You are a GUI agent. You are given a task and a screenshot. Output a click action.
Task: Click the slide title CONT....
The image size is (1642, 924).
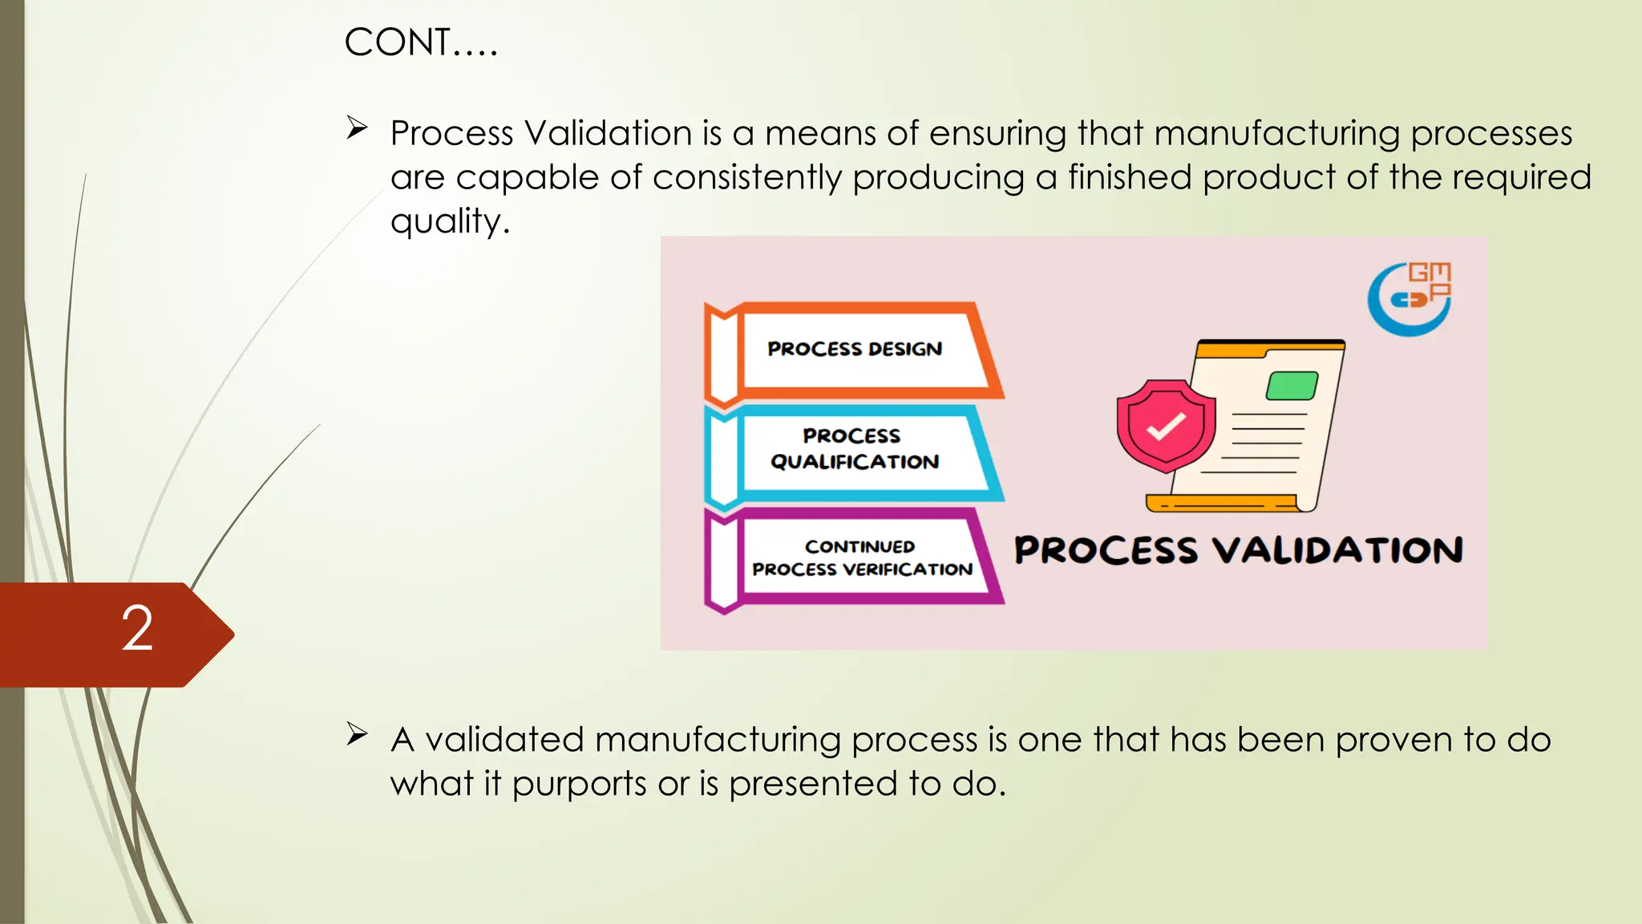click(420, 43)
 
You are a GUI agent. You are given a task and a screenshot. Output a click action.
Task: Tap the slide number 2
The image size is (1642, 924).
click(137, 629)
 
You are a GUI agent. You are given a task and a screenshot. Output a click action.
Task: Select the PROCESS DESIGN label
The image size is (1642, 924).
click(855, 349)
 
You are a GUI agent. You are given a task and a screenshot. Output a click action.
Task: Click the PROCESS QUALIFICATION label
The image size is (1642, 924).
click(854, 448)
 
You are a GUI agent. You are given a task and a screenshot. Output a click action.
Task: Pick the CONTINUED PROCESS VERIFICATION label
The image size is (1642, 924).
click(861, 557)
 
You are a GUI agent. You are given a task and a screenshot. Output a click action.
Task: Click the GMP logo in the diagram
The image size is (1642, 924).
click(1410, 298)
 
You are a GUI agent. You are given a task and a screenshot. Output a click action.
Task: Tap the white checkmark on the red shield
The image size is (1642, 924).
click(1166, 426)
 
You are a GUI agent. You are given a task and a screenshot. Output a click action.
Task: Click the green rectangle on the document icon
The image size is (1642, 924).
click(1292, 386)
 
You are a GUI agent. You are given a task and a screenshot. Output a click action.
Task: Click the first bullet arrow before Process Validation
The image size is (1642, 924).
click(357, 128)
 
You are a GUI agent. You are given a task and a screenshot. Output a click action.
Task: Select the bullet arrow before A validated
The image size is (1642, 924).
click(357, 734)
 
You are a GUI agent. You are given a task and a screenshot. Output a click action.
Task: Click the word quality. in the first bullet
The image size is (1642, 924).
click(450, 221)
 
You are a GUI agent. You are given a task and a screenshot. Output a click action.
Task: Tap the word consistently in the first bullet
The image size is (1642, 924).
click(746, 178)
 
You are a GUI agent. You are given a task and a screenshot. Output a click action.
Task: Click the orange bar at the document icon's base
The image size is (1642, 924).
click(1221, 504)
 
